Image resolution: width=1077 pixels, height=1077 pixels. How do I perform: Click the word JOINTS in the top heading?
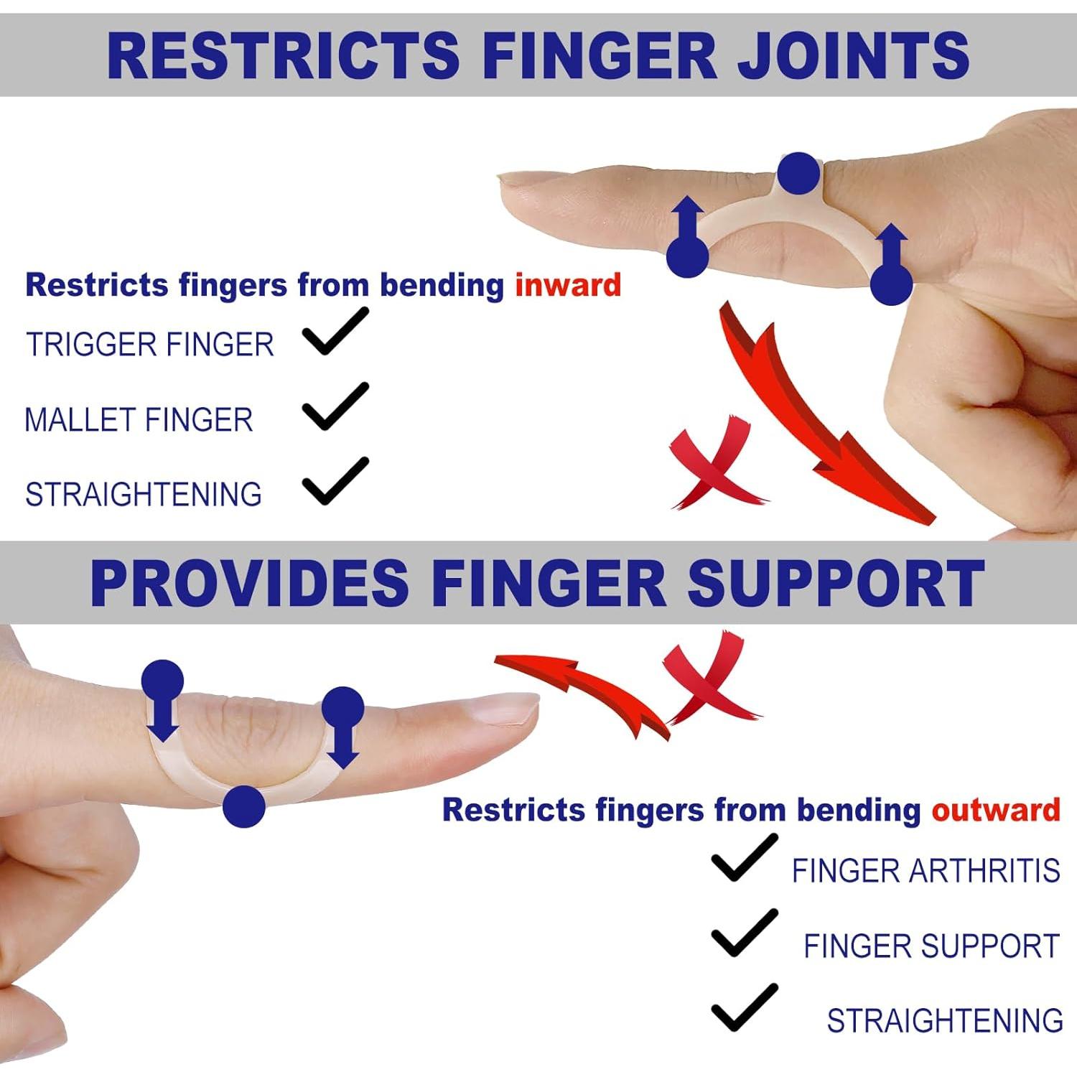pyautogui.click(x=854, y=55)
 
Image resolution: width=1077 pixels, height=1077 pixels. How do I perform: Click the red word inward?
pyautogui.click(x=568, y=285)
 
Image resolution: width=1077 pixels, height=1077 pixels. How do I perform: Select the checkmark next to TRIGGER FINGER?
pyautogui.click(x=335, y=331)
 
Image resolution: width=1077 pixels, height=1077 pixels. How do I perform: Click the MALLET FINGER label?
pyautogui.click(x=139, y=420)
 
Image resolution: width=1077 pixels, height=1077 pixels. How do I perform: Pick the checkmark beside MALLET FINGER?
pyautogui.click(x=335, y=406)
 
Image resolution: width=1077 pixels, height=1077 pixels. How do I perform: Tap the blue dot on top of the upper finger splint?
pyautogui.click(x=799, y=173)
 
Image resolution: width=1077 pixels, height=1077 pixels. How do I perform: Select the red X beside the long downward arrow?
pyautogui.click(x=714, y=463)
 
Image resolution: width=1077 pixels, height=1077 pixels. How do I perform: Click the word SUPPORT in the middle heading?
pyautogui.click(x=836, y=584)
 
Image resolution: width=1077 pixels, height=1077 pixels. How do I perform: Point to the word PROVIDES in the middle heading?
pyautogui.click(x=249, y=584)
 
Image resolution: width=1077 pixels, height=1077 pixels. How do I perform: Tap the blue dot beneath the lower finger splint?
pyautogui.click(x=244, y=806)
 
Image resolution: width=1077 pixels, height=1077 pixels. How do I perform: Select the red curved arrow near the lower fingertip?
pyautogui.click(x=582, y=693)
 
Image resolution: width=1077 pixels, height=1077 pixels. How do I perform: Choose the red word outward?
pyautogui.click(x=996, y=810)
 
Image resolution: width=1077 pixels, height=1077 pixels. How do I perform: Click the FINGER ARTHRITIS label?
pyautogui.click(x=926, y=871)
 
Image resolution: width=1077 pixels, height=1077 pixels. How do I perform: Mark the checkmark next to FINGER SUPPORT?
pyautogui.click(x=745, y=933)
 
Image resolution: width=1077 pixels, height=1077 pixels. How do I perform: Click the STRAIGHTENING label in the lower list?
pyautogui.click(x=945, y=1020)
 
